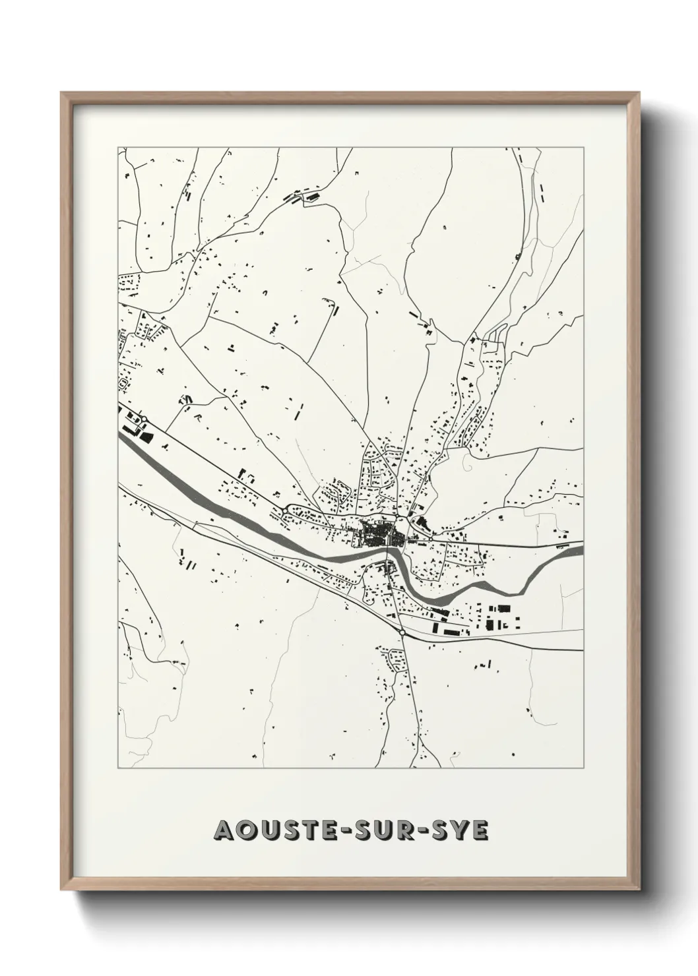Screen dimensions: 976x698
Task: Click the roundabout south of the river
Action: tap(402, 632)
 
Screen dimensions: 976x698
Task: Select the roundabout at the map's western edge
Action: tap(144, 419)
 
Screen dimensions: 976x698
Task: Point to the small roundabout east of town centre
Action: tap(431, 539)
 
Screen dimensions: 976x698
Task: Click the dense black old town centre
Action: tap(376, 533)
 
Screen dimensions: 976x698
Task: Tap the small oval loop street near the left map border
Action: tap(123, 383)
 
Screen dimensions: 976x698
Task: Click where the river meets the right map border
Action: tap(581, 547)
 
